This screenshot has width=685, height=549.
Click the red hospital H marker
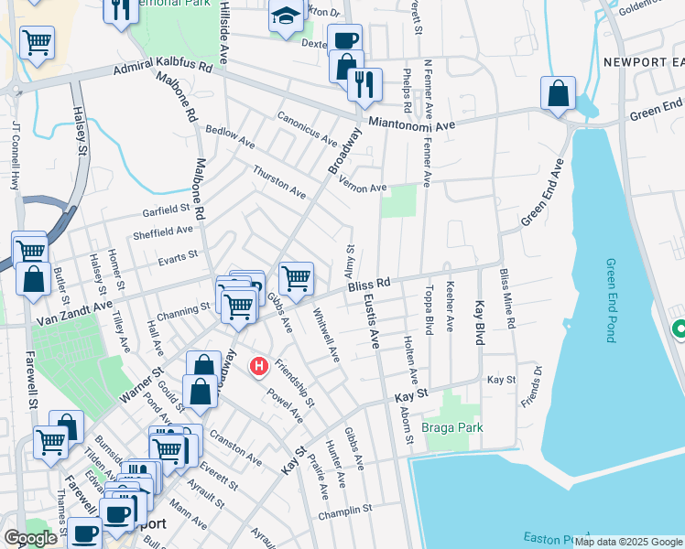pos(259,367)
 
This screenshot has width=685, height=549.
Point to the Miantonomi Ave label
pos(411,124)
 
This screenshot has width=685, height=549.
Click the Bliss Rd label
pos(369,286)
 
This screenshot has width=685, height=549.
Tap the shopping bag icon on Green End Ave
pos(558,93)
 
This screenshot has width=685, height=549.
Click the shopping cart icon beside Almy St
pos(296,278)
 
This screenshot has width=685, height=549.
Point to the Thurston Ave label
pos(279,182)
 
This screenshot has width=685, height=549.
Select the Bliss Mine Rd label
pos(507,298)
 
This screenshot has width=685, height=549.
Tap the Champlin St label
pos(345,514)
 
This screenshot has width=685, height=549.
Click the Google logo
pos(30,538)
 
